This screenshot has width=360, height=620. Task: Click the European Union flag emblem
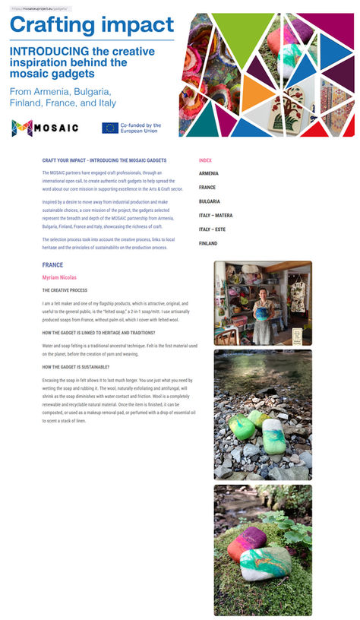click(x=110, y=128)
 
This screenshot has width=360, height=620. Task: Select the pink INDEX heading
click(x=205, y=160)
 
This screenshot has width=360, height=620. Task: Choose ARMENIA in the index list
click(x=209, y=173)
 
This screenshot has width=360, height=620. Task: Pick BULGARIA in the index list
click(x=210, y=201)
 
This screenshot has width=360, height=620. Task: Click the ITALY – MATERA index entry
click(x=216, y=215)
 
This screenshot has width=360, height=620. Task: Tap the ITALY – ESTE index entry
click(x=213, y=229)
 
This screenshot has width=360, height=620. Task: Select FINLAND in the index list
click(x=208, y=243)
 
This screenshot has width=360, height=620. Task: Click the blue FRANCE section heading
click(x=52, y=265)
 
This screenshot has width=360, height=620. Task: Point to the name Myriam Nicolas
click(x=59, y=278)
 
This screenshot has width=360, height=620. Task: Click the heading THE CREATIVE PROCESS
click(x=65, y=290)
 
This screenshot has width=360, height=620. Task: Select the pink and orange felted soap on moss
click(x=246, y=542)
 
